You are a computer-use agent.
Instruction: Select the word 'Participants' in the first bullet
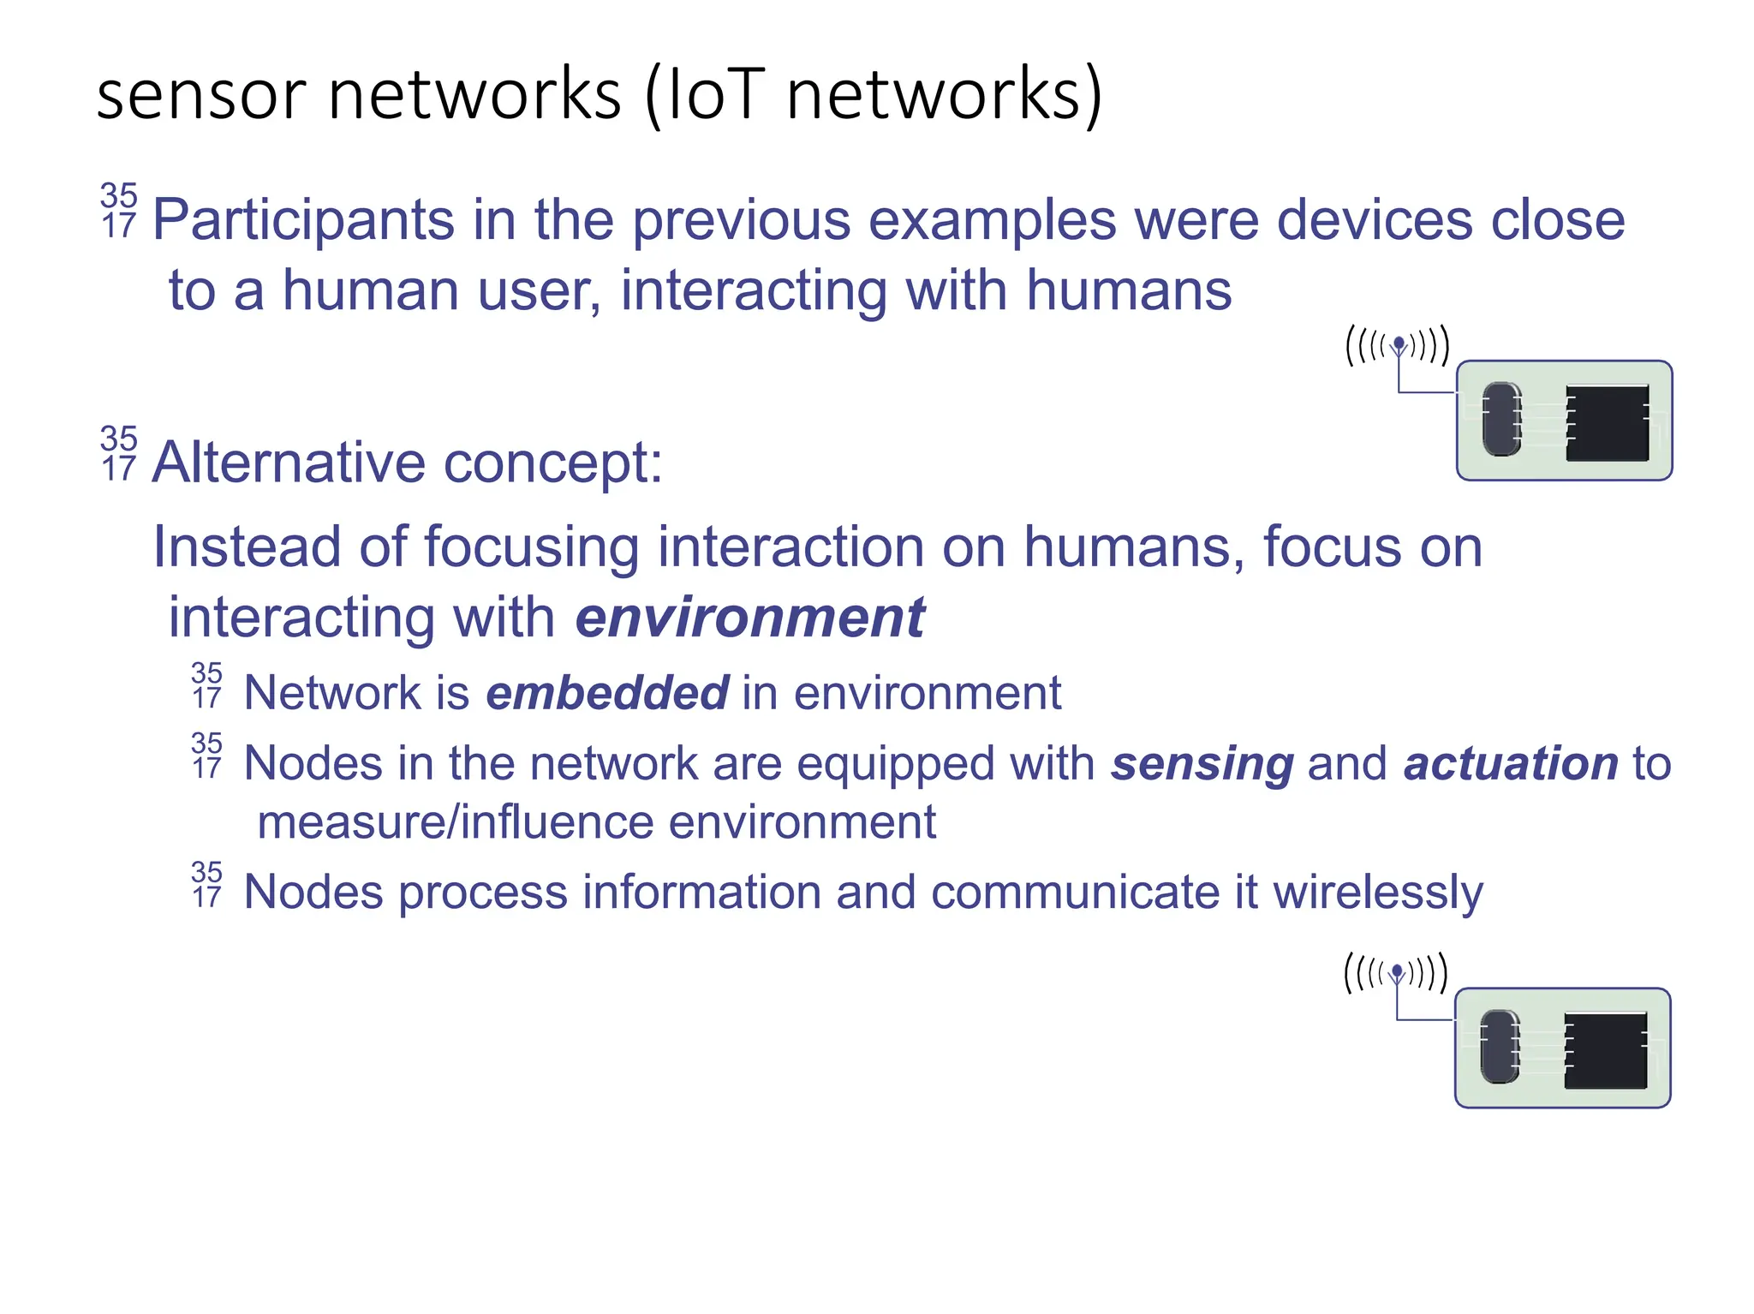coord(303,221)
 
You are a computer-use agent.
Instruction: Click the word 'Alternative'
coord(289,463)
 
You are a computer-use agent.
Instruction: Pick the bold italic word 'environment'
coord(750,618)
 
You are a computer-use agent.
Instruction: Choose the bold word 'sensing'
coord(1202,763)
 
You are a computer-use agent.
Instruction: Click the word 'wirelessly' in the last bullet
coord(1377,893)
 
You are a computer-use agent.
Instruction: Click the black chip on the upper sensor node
coord(1607,423)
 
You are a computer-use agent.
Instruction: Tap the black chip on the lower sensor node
coord(1605,1050)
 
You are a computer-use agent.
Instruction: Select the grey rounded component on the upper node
coord(1501,419)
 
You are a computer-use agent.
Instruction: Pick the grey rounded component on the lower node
coord(1500,1047)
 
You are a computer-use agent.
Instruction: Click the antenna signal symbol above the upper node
coord(1398,346)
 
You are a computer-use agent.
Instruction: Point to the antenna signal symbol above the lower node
coord(1396,973)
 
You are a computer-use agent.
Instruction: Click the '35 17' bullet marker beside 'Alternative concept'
coord(118,453)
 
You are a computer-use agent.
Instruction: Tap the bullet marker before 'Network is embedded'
coord(206,685)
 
